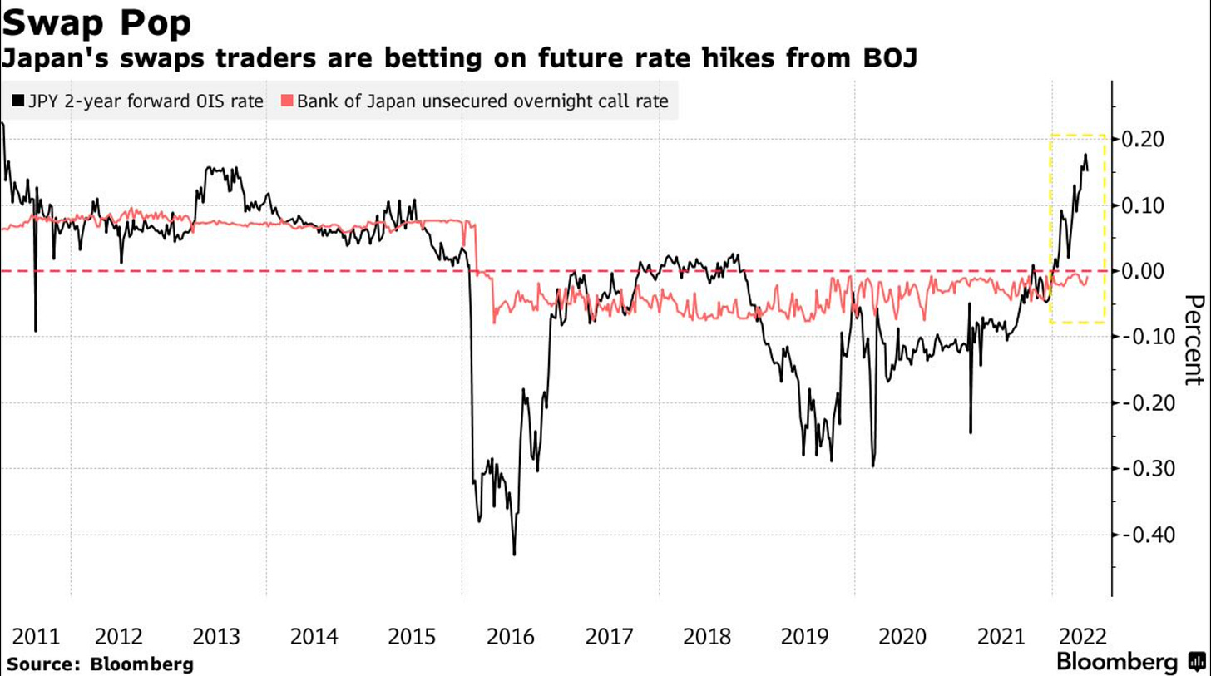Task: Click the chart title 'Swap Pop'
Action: (x=96, y=22)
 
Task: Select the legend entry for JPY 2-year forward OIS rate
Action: (x=138, y=101)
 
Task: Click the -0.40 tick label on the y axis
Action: (x=1150, y=535)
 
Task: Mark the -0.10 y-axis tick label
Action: (x=1150, y=337)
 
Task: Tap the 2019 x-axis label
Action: (x=804, y=637)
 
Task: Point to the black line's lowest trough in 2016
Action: (x=514, y=554)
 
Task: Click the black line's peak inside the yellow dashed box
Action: (x=1085, y=155)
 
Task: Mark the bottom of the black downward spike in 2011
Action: (x=36, y=330)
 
